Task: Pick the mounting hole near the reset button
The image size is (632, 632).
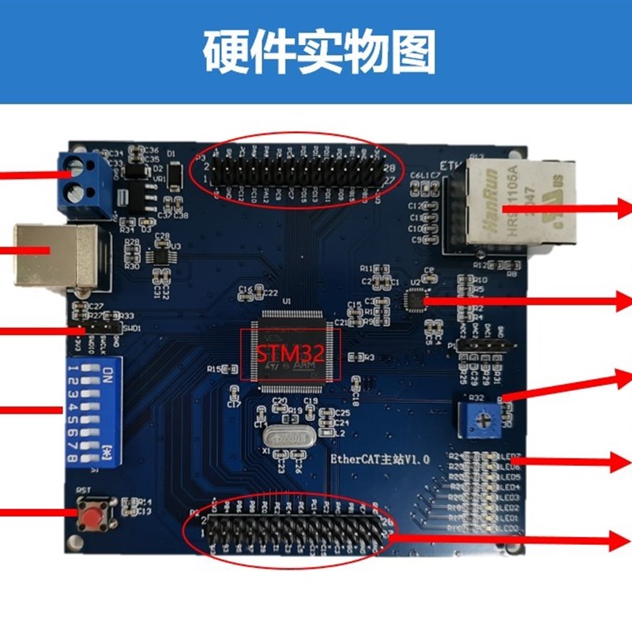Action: [74, 543]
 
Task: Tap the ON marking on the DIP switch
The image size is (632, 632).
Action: [108, 371]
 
